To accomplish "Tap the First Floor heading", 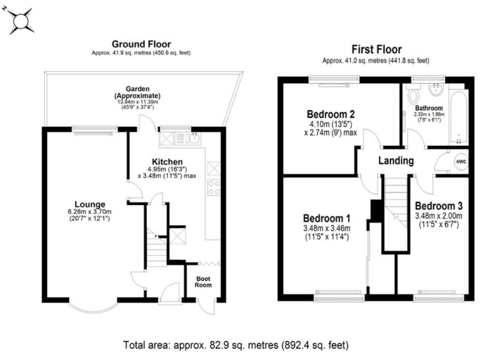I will coord(376,49).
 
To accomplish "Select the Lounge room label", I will coord(89,204).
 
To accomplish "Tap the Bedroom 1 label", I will coord(326,218).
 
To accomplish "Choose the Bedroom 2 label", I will coord(331,114).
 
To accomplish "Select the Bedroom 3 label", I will coord(438,206).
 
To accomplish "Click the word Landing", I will coord(396,161).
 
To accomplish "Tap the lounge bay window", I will coord(92,304).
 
